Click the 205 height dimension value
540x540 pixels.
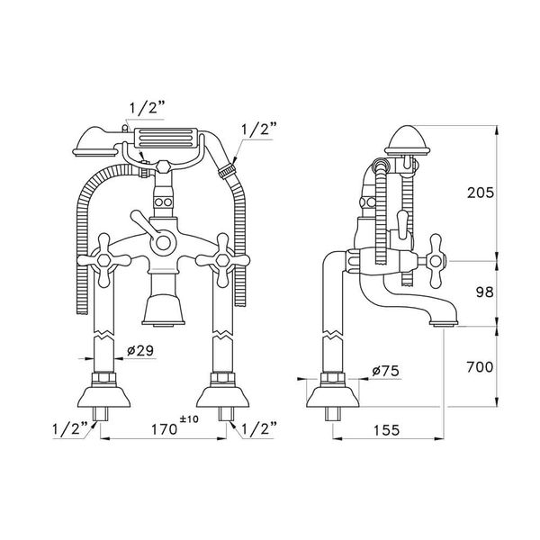click(480, 193)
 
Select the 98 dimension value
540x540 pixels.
click(484, 292)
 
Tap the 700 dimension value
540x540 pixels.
click(480, 367)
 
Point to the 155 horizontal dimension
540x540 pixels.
click(386, 430)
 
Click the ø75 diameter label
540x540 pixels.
click(386, 371)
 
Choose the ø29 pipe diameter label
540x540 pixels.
click(140, 351)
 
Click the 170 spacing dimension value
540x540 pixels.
click(165, 429)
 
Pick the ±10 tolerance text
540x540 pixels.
click(189, 419)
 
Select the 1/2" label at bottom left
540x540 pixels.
click(70, 429)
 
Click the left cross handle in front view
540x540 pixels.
click(103, 260)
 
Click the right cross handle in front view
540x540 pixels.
click(222, 260)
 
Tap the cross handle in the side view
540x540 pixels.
click(436, 261)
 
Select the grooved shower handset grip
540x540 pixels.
click(166, 139)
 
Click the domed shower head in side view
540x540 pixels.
click(408, 140)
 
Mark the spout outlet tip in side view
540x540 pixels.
click(444, 323)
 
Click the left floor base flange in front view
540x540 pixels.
click(103, 396)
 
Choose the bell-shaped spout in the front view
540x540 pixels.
click(163, 308)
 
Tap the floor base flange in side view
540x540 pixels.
click(333, 396)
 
